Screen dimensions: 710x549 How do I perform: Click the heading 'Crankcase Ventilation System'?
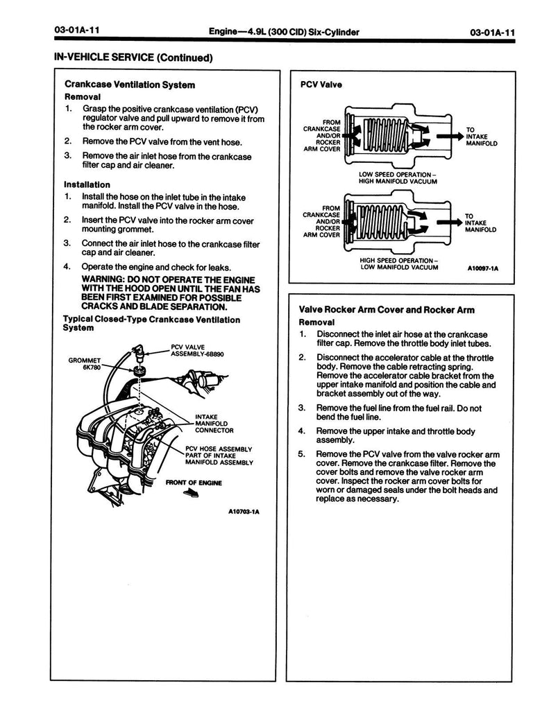pyautogui.click(x=129, y=85)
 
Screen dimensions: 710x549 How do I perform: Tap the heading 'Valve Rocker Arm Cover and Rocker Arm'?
pyautogui.click(x=387, y=310)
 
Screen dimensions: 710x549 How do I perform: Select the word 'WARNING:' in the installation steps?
pyautogui.click(x=105, y=279)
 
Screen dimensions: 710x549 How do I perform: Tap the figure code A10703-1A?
pyautogui.click(x=244, y=513)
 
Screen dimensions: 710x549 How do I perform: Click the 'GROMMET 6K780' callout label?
pyautogui.click(x=85, y=364)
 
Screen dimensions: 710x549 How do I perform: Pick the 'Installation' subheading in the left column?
pyautogui.click(x=87, y=184)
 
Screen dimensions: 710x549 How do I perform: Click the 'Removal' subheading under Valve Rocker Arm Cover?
pyautogui.click(x=316, y=322)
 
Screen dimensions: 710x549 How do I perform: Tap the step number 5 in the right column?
pyautogui.click(x=301, y=454)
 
